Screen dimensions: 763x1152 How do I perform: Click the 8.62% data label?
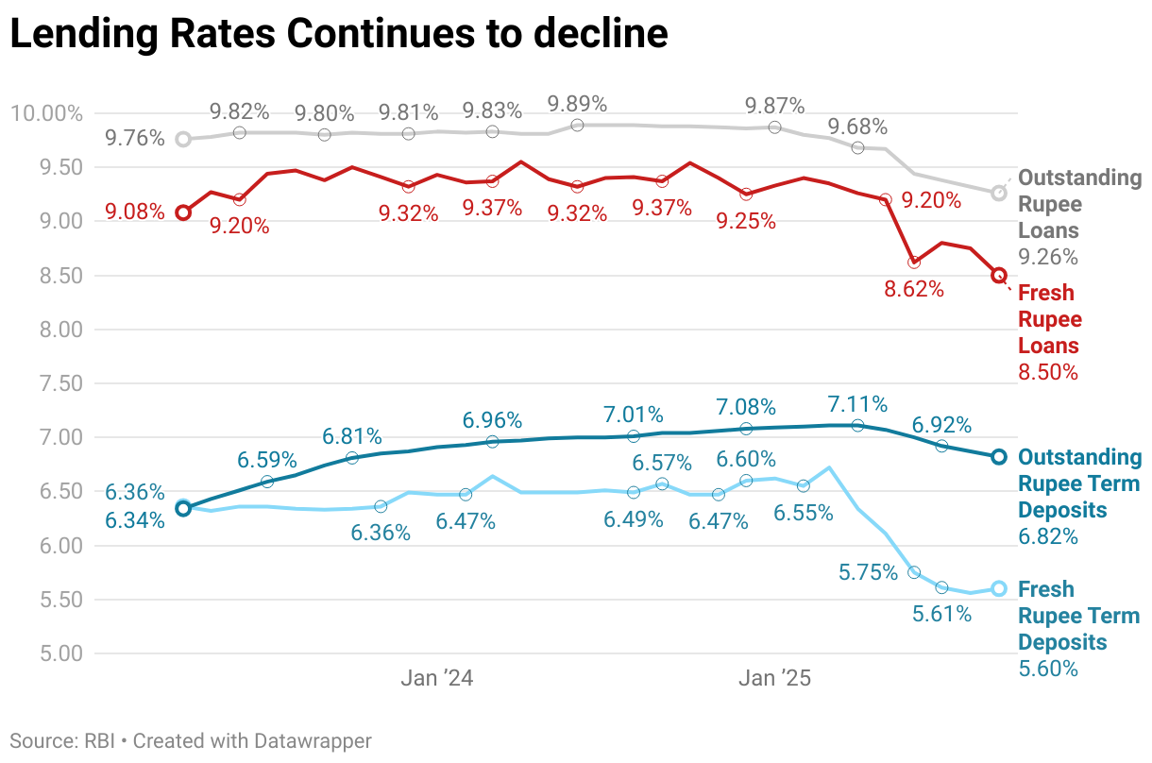click(x=914, y=289)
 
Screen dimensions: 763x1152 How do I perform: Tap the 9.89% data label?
click(x=578, y=104)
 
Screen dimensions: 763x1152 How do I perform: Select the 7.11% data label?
click(x=857, y=404)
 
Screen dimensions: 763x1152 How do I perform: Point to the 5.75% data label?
click(x=868, y=572)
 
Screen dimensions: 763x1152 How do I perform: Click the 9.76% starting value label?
click(x=134, y=139)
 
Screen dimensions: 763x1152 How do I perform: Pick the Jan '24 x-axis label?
click(x=436, y=678)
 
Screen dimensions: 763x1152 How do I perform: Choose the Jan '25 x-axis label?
click(x=775, y=678)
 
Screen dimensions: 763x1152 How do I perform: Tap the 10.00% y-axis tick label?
click(x=46, y=114)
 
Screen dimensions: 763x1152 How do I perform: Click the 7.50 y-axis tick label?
click(x=59, y=384)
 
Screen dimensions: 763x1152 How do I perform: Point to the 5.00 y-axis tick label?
click(x=59, y=653)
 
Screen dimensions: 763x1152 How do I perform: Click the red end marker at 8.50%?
click(x=999, y=275)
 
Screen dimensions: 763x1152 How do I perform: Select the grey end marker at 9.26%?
click(x=999, y=193)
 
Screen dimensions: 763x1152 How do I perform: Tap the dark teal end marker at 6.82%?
click(x=999, y=457)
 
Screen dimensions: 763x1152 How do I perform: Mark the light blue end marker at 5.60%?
click(x=999, y=588)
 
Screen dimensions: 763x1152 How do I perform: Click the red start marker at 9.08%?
click(x=183, y=212)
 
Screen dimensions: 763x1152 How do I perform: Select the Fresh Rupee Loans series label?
click(x=1050, y=319)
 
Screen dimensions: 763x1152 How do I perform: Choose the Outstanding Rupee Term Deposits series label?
click(x=1079, y=483)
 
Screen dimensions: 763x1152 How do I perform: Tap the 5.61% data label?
click(x=941, y=614)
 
